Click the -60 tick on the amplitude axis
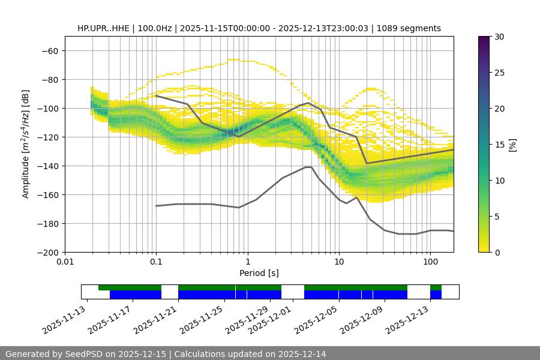49,51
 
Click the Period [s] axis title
259,273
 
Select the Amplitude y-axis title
26,144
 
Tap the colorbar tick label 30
499,37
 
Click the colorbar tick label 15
499,145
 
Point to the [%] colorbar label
512,145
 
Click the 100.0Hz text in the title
157,28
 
